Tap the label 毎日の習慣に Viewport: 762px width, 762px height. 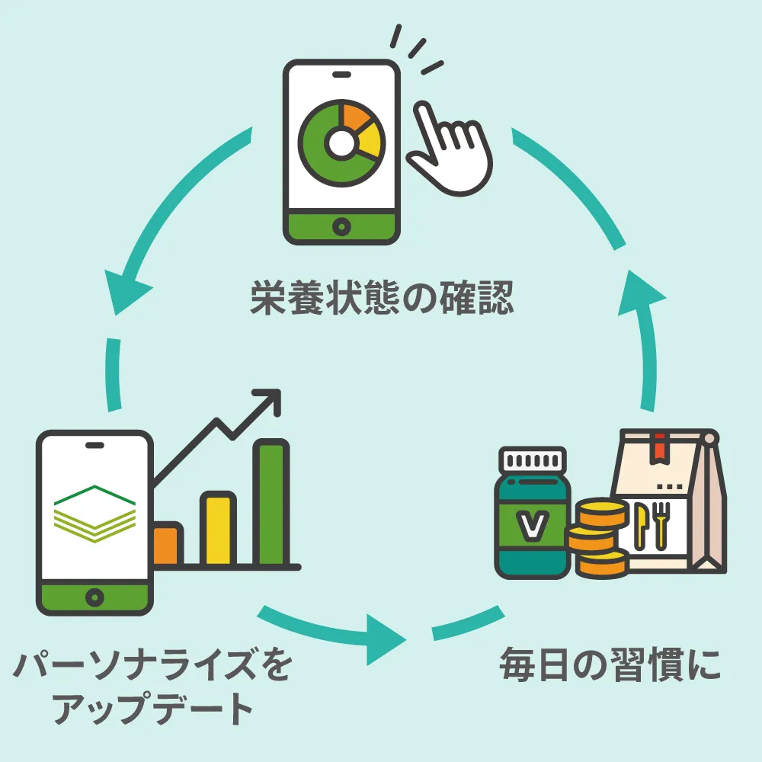[x=610, y=665]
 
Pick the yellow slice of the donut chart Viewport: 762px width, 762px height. [x=369, y=142]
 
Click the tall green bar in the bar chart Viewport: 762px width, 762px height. [x=272, y=503]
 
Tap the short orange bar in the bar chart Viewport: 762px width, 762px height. [x=166, y=545]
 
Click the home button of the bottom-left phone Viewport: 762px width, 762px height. [x=94, y=594]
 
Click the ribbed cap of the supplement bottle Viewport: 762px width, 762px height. [x=533, y=462]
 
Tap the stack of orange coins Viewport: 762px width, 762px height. [x=599, y=539]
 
